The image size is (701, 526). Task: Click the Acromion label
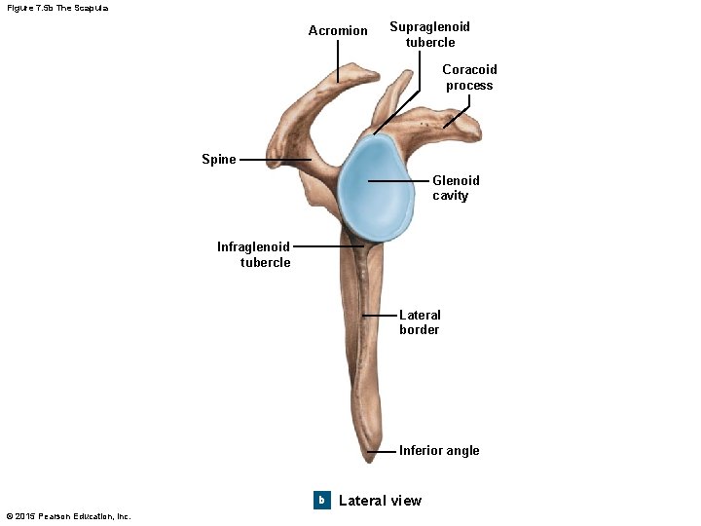[338, 31]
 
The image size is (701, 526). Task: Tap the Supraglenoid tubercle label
[429, 34]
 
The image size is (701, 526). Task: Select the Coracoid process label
[469, 77]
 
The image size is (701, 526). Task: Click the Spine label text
[219, 160]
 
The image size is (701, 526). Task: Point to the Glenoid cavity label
[456, 188]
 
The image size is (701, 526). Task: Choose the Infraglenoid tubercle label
[253, 254]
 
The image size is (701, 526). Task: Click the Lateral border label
[420, 322]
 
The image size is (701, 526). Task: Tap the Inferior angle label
[439, 450]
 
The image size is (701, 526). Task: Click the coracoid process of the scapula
[458, 122]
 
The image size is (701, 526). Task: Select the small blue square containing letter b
[321, 500]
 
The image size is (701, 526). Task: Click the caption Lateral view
[380, 501]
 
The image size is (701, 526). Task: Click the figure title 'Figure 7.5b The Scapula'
[57, 8]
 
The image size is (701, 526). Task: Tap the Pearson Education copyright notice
[68, 516]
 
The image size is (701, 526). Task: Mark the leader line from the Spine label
[275, 160]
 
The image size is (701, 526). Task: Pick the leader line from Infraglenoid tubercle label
[327, 246]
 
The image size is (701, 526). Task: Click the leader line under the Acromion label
[339, 60]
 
